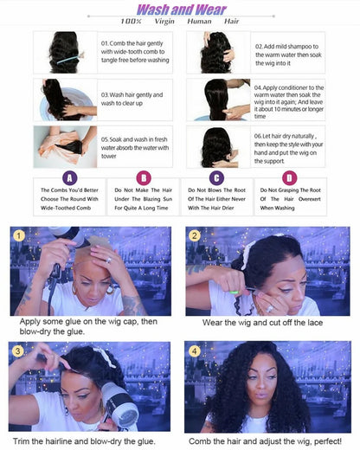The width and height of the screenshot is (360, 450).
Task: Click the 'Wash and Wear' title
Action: [180, 10]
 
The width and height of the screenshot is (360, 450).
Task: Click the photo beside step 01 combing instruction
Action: [65, 51]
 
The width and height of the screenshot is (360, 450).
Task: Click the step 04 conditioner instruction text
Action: [289, 99]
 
